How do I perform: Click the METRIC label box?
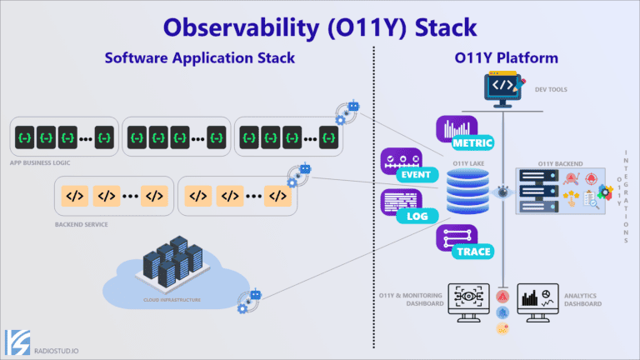tap(472, 142)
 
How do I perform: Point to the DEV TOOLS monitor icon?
tap(507, 90)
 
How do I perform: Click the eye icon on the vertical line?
tap(502, 192)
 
